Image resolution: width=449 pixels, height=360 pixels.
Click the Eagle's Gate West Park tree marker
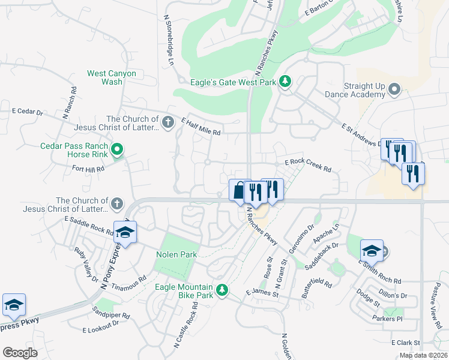[x=286, y=82]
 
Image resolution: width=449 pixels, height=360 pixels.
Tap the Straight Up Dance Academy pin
[x=394, y=90]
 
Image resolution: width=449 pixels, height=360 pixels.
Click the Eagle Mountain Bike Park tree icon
[x=222, y=290]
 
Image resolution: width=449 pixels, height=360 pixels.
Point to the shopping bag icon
[x=239, y=190]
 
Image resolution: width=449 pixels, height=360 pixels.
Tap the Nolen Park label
[x=177, y=255]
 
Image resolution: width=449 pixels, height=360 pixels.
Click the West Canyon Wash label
[x=112, y=77]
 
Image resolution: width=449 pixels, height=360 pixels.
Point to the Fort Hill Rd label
[x=88, y=169]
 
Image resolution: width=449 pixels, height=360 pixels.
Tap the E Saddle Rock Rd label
[x=89, y=226]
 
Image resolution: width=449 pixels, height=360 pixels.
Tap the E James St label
[x=262, y=293]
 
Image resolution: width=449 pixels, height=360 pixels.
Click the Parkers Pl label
[x=387, y=318]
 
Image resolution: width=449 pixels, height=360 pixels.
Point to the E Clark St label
[x=405, y=343]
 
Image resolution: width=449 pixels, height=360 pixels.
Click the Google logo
[x=20, y=352]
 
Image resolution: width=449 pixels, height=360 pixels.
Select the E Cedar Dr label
[x=28, y=112]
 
